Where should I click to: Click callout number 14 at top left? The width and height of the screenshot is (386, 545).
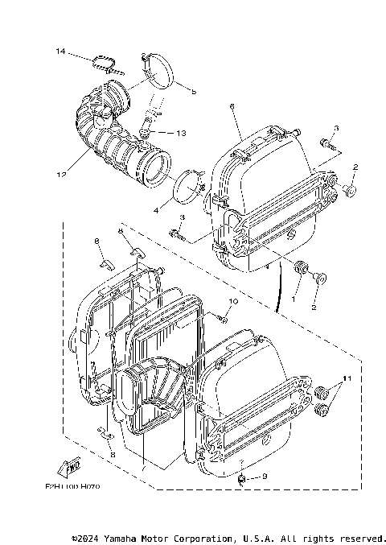point(60,52)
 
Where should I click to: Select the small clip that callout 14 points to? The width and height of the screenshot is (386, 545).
point(102,63)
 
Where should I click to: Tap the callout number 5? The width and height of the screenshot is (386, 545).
point(194,91)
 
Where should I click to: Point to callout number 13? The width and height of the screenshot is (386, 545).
point(180,133)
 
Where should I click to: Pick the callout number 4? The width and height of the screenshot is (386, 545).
point(158,211)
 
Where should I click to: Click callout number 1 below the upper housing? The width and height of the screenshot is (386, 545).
point(294,299)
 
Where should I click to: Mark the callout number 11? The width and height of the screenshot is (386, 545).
point(347,378)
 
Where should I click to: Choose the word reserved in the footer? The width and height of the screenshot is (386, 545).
point(362,537)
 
